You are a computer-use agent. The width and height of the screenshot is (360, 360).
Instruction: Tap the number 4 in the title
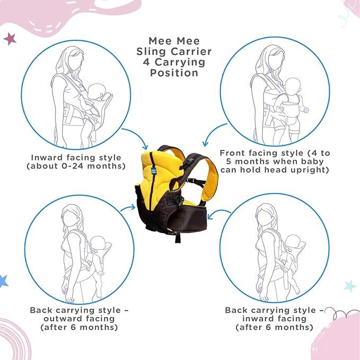146,62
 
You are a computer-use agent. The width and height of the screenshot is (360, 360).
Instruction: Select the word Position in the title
174,73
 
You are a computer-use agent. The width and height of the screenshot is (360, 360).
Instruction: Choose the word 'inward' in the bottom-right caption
256,319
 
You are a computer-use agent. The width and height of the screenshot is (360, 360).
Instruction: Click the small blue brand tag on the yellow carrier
153,171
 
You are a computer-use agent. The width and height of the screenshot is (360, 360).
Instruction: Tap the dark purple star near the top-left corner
10,39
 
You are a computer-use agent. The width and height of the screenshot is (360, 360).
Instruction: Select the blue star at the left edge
3,281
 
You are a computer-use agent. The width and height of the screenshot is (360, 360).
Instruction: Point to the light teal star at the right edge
350,286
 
